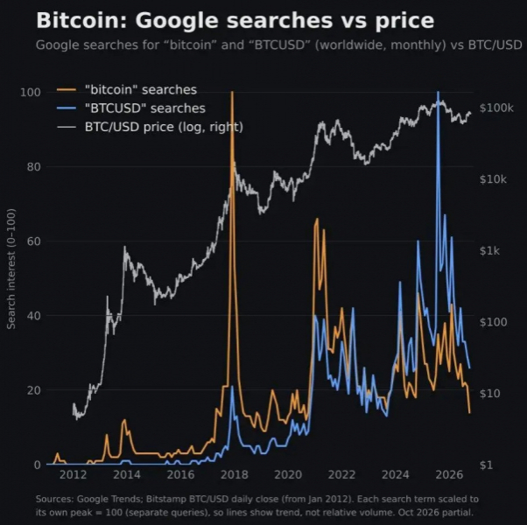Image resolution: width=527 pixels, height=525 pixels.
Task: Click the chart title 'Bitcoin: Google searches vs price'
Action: [235, 20]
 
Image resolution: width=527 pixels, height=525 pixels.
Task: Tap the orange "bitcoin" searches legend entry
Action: [127, 89]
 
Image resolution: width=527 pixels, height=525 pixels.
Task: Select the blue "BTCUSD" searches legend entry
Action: [131, 108]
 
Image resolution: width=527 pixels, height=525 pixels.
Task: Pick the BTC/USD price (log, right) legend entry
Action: [150, 127]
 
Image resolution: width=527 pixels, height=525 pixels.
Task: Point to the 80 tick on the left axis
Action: [33, 166]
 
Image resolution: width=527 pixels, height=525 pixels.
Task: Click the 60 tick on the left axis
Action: [33, 241]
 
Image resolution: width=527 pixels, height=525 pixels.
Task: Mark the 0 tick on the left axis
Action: [38, 465]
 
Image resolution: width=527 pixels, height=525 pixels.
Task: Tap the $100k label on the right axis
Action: [496, 108]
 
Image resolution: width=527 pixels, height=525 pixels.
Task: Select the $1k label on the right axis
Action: [489, 250]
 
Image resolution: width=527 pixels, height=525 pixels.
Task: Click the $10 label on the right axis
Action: [490, 394]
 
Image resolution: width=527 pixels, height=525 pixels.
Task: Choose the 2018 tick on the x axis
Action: [235, 475]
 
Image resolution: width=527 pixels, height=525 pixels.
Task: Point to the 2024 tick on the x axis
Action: [396, 475]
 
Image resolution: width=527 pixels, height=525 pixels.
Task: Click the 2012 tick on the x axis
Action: [73, 475]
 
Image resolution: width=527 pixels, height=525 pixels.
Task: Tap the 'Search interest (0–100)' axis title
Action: [11, 269]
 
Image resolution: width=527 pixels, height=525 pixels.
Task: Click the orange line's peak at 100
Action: [232, 92]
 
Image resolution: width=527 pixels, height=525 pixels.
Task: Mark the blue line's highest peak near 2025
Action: [438, 92]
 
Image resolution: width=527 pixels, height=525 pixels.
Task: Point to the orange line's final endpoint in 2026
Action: [469, 413]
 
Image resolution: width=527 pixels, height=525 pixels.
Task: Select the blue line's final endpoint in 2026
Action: [469, 368]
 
